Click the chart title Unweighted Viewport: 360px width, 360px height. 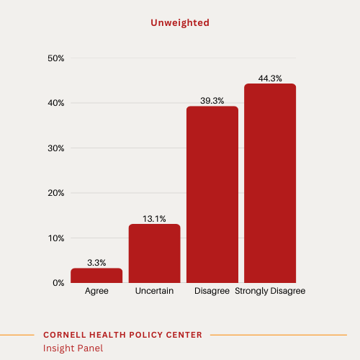pyautogui.click(x=180, y=23)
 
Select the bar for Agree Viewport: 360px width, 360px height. pyautogui.click(x=96, y=275)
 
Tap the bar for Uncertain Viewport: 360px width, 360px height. pyautogui.click(x=154, y=253)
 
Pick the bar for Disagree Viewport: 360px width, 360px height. pyautogui.click(x=212, y=194)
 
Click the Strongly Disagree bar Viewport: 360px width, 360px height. pyautogui.click(x=270, y=184)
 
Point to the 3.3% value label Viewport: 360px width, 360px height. pyautogui.click(x=96, y=263)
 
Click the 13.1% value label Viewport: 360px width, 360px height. pyautogui.click(x=154, y=219)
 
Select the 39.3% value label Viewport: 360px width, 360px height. pyautogui.click(x=212, y=101)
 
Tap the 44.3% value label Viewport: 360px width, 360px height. pyautogui.click(x=270, y=78)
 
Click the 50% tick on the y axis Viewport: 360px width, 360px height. pyautogui.click(x=56, y=58)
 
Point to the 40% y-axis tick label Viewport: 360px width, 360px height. pyautogui.click(x=56, y=103)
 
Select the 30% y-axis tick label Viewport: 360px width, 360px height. pyautogui.click(x=56, y=148)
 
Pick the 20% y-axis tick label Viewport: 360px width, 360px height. pyautogui.click(x=56, y=193)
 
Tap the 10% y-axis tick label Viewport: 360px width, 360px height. pyautogui.click(x=56, y=238)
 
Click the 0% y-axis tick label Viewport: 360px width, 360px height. pyautogui.click(x=58, y=283)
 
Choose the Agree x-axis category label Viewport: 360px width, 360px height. pyautogui.click(x=96, y=292)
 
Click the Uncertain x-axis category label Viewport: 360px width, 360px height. pyautogui.click(x=154, y=292)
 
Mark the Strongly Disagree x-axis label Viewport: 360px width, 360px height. pyautogui.click(x=270, y=292)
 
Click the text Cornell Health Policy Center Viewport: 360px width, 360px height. pyautogui.click(x=122, y=335)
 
